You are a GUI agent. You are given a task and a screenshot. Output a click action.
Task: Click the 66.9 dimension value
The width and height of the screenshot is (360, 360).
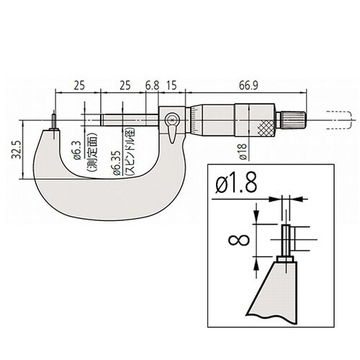click(248, 86)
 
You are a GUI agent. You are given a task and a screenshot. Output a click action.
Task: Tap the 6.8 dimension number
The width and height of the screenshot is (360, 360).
click(153, 86)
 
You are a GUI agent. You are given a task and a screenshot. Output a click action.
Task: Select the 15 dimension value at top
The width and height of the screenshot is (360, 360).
click(171, 86)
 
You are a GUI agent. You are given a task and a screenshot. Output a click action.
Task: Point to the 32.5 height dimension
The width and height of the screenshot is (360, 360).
click(17, 150)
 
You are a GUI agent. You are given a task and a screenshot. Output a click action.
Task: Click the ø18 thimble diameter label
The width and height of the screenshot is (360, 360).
click(243, 152)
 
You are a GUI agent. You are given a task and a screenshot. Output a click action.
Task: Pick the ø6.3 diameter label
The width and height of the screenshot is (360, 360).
click(77, 150)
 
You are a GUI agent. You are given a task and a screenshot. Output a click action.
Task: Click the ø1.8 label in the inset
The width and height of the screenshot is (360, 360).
click(236, 182)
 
